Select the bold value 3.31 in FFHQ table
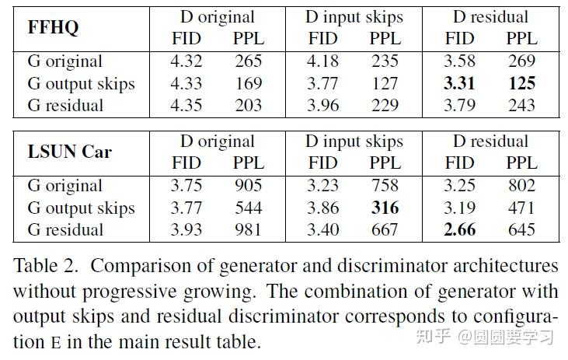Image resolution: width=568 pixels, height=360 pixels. (459, 83)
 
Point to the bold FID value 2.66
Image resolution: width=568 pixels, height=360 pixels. (459, 229)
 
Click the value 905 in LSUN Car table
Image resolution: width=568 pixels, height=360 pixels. (248, 186)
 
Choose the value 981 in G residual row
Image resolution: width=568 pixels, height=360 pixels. (248, 229)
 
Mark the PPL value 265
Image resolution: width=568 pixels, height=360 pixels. (248, 61)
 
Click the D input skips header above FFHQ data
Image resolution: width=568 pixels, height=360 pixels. (354, 16)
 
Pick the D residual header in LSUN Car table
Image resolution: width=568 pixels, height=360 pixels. (490, 141)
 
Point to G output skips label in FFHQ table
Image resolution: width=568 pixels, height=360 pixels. (81, 83)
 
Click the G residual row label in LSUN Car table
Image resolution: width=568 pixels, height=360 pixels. (65, 229)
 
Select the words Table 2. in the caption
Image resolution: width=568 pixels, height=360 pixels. (44, 266)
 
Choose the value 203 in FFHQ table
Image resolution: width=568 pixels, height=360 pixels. (248, 105)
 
